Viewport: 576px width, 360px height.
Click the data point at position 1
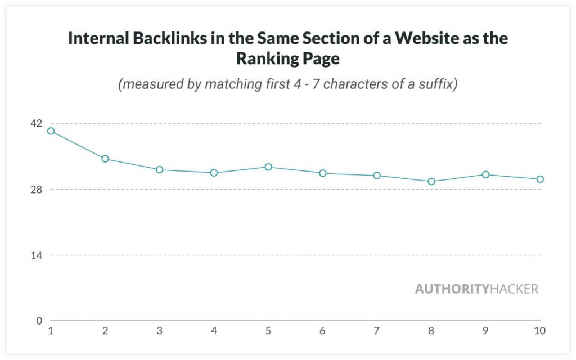pyautogui.click(x=51, y=131)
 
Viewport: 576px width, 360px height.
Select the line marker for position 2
pyautogui.click(x=105, y=159)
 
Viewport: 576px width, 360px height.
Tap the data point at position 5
pyautogui.click(x=268, y=167)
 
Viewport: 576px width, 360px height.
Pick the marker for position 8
pyautogui.click(x=431, y=182)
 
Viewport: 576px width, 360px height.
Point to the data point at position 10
pyautogui.click(x=540, y=179)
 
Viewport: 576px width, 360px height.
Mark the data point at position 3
pyautogui.click(x=159, y=169)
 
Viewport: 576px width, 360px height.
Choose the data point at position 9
pyautogui.click(x=485, y=174)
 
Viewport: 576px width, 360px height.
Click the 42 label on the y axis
pyautogui.click(x=35, y=123)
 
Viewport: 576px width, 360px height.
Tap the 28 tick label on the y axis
pyautogui.click(x=35, y=190)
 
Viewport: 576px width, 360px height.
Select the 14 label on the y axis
pyautogui.click(x=35, y=255)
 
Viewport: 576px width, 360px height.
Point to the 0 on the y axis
pyautogui.click(x=39, y=321)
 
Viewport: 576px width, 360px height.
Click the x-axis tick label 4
pyautogui.click(x=214, y=331)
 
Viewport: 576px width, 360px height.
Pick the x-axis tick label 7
pyautogui.click(x=377, y=331)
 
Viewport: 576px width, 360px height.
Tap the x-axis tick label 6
pyautogui.click(x=322, y=331)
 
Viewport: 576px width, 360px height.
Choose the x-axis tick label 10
pyautogui.click(x=539, y=331)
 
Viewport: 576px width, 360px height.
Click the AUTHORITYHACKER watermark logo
pyautogui.click(x=476, y=289)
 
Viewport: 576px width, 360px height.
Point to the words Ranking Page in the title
pyautogui.click(x=288, y=58)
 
